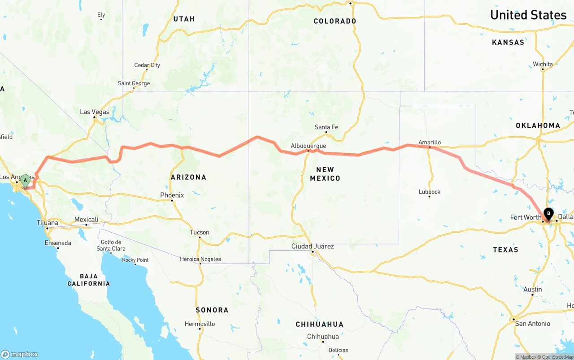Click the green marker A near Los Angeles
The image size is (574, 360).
pos(26,181)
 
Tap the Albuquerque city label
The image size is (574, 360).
pos(308,146)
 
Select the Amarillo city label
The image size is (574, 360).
pos(430,142)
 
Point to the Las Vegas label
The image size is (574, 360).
pos(95,112)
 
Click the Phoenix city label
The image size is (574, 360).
pos(172,195)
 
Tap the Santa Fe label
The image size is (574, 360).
pos(326,127)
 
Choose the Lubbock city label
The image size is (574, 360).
pos(429,191)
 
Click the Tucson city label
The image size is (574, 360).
pos(200,232)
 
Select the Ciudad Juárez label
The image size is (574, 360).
pos(313,246)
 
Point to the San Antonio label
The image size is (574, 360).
pos(532,323)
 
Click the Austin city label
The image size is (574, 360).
pos(533,289)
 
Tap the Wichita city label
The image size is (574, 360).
pos(543,64)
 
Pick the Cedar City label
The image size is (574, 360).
pos(147,65)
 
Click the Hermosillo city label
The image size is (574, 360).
pos(200,324)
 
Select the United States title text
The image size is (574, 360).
pos(528,15)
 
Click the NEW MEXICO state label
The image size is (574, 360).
pos(325,173)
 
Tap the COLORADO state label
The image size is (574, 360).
pos(335,21)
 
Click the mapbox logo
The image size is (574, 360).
pos(20,354)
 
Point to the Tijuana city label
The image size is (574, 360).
pos(47,223)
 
